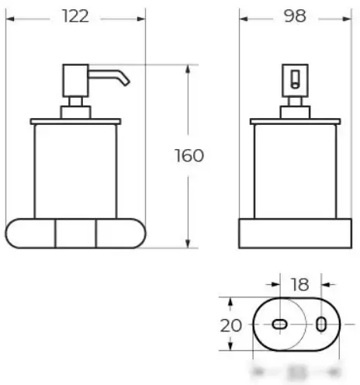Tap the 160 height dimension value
(x=189, y=156)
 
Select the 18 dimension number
(x=299, y=284)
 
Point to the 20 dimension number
(x=230, y=324)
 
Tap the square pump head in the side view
(x=294, y=78)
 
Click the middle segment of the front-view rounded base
(x=76, y=233)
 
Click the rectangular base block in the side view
(x=295, y=234)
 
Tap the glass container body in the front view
(x=76, y=171)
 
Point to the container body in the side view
(x=295, y=171)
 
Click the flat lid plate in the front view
(x=76, y=121)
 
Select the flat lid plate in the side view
(x=295, y=121)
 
